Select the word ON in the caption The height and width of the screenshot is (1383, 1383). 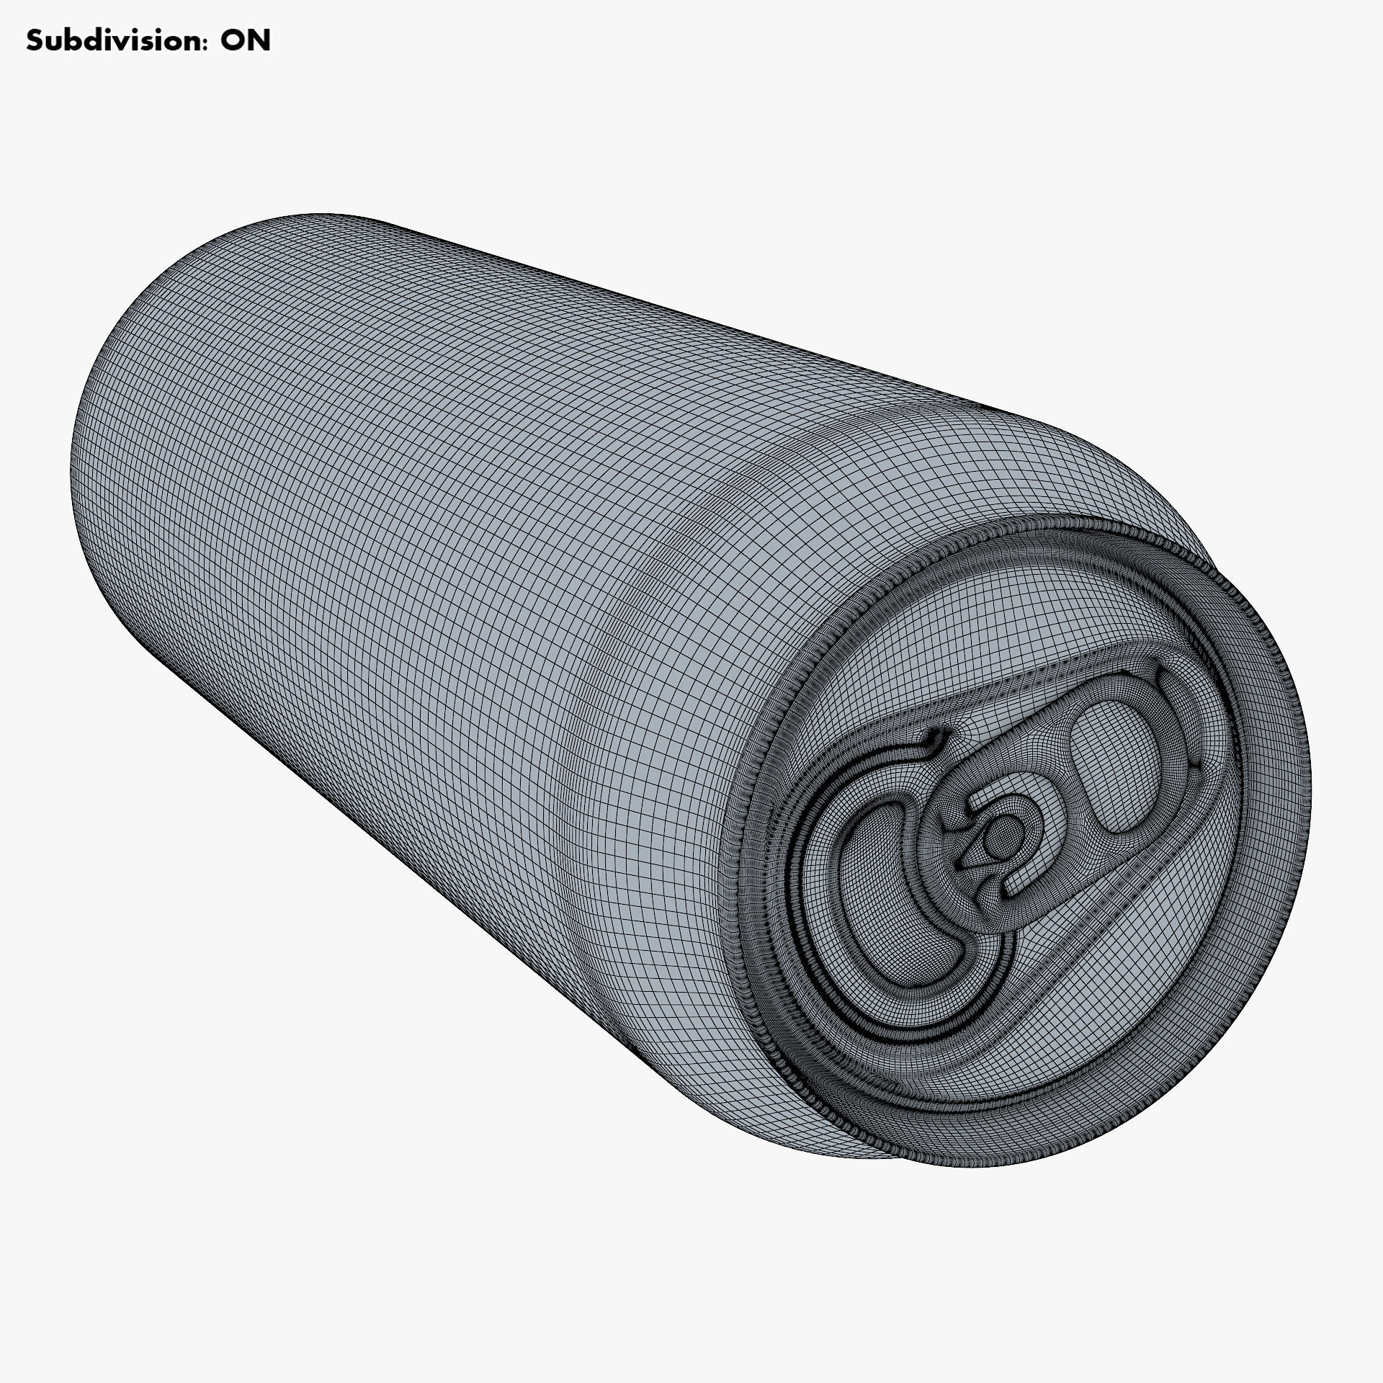[246, 41]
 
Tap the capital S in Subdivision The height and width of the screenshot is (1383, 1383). [34, 41]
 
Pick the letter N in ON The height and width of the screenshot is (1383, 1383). [259, 41]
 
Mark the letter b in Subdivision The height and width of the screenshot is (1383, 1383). [68, 41]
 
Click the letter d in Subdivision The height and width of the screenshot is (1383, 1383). [84, 41]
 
